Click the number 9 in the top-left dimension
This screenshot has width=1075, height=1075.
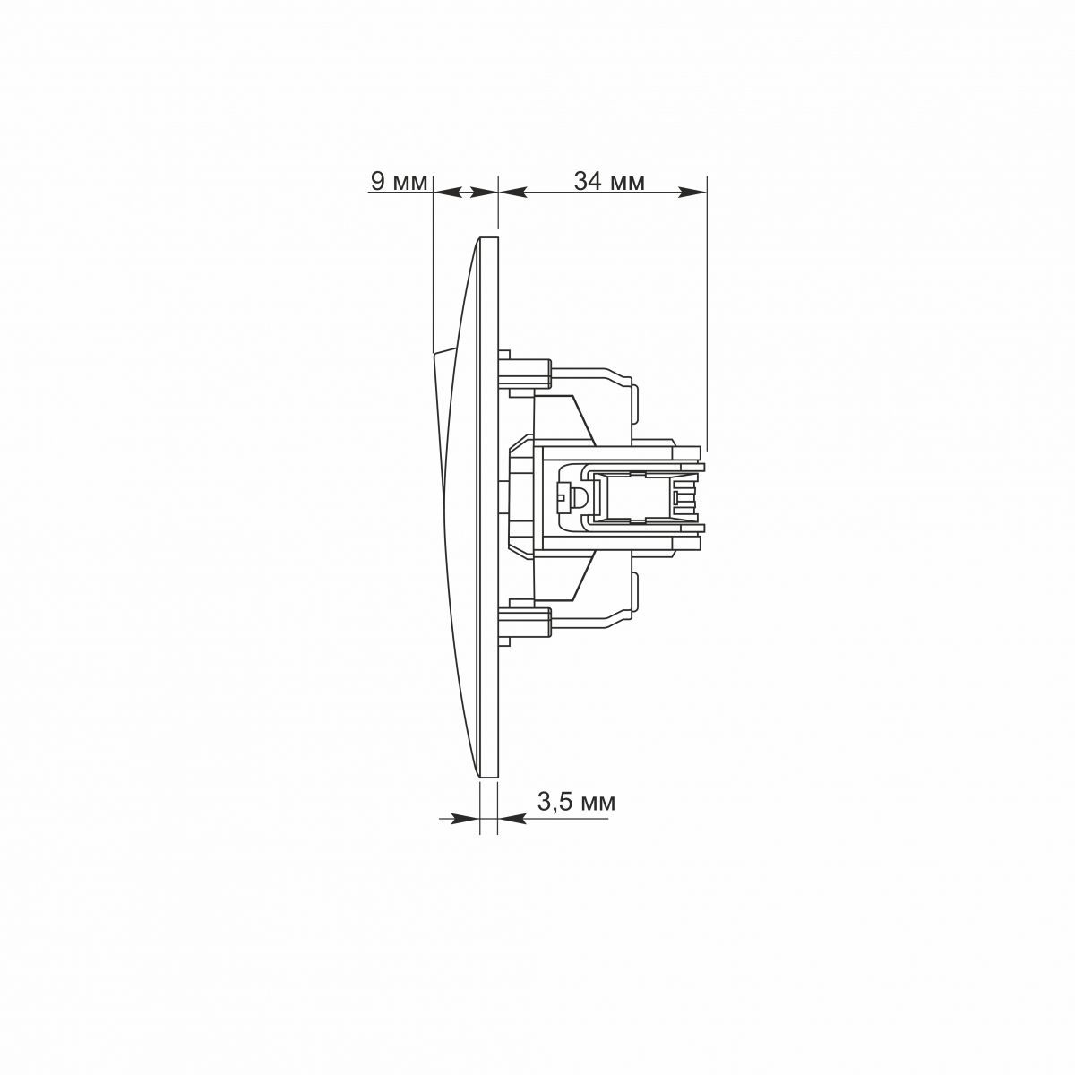(378, 181)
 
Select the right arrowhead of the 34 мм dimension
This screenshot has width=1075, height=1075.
(692, 193)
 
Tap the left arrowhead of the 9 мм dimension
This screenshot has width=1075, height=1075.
(447, 193)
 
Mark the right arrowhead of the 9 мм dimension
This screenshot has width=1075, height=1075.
(483, 193)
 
